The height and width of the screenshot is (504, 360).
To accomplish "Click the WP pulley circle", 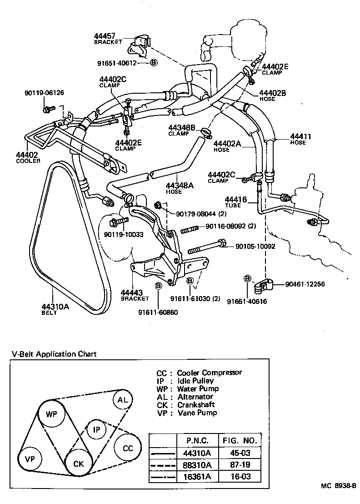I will [51, 414].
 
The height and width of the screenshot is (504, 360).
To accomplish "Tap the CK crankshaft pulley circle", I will [79, 464].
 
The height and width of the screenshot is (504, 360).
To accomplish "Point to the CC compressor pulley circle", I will [128, 448].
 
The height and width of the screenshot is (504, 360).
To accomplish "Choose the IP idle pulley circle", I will [96, 429].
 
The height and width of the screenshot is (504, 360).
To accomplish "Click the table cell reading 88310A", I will [197, 464].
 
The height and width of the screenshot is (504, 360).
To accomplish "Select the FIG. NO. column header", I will [240, 441].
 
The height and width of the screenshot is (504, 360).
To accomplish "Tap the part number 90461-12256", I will [305, 284].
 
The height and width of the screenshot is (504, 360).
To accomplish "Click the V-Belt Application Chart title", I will [54, 354].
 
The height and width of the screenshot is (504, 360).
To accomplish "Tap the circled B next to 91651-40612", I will [154, 63].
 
